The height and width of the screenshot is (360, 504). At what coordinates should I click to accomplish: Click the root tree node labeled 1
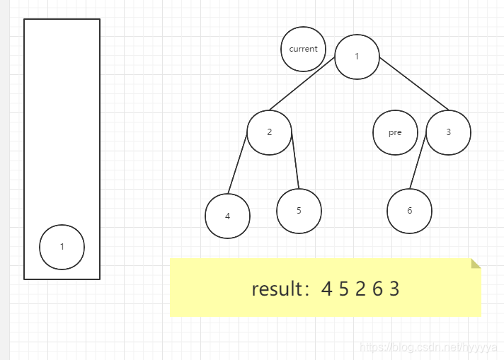[357, 56]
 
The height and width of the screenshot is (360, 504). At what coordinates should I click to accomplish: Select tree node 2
[270, 132]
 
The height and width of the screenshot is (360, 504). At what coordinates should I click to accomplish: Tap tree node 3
[448, 132]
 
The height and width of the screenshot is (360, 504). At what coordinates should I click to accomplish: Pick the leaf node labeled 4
[227, 216]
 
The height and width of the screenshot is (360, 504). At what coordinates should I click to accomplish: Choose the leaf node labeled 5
[299, 211]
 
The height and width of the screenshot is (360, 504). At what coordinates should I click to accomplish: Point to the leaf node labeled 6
[409, 211]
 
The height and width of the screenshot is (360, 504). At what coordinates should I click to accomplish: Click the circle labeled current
[303, 49]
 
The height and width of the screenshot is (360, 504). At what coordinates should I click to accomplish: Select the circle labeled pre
[395, 132]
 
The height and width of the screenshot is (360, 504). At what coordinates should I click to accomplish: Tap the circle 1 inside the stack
[62, 247]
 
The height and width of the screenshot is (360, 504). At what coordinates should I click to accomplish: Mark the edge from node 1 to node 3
[414, 84]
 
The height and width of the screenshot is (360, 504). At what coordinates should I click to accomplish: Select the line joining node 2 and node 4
[237, 163]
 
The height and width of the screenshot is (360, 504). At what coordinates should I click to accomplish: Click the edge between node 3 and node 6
[418, 160]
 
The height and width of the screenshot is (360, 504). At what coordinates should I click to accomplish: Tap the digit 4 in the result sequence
[326, 289]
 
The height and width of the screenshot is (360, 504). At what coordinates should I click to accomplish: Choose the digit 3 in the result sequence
[394, 289]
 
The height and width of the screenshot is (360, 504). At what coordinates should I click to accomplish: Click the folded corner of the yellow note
[476, 264]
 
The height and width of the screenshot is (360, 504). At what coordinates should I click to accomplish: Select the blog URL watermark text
[428, 347]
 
